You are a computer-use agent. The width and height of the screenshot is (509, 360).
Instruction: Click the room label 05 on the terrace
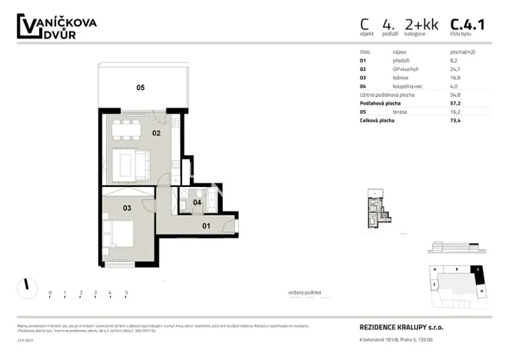tap(141, 88)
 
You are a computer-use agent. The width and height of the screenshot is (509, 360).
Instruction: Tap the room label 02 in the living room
tap(155, 133)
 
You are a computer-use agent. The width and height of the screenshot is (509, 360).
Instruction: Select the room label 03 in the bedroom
tap(127, 208)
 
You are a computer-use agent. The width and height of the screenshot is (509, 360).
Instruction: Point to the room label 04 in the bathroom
tap(197, 202)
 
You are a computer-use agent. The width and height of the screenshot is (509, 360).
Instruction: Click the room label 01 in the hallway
tap(206, 226)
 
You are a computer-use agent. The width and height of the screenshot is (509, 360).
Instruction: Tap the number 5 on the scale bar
tap(125, 293)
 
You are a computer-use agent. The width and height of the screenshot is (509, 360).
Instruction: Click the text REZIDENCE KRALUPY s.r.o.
tap(401, 327)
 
